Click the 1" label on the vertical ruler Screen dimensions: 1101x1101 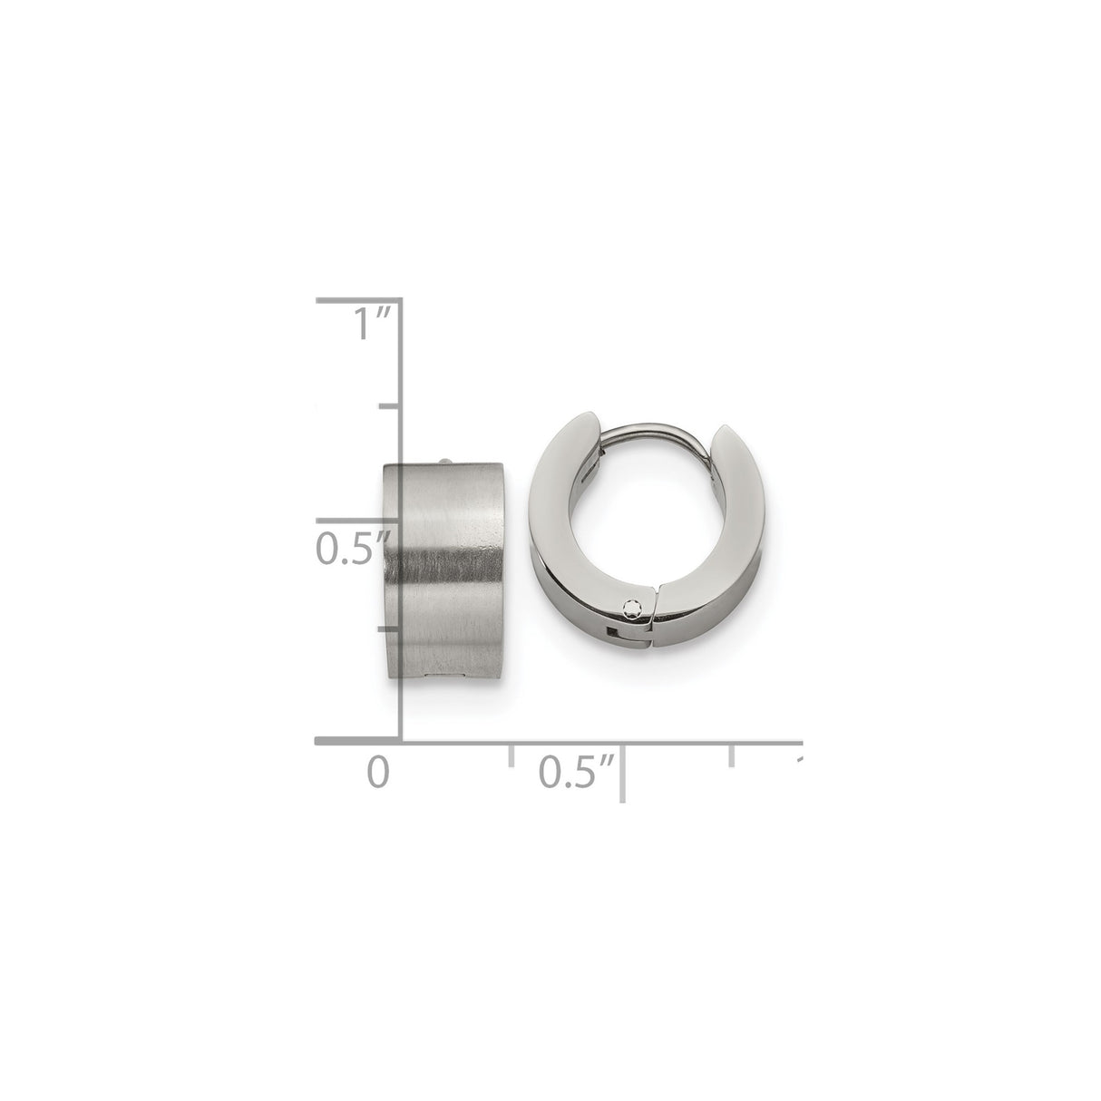click(371, 323)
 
